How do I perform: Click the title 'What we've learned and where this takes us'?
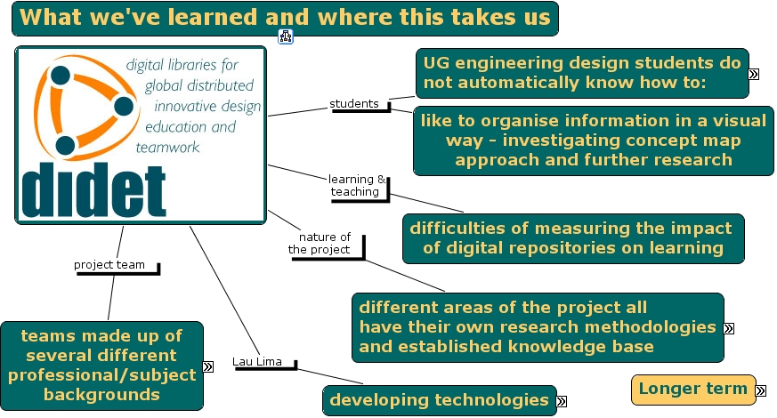(x=286, y=18)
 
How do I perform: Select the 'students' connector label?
(x=354, y=104)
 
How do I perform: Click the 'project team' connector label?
(x=109, y=264)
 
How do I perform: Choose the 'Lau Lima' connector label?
(x=257, y=361)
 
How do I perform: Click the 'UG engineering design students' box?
(x=582, y=73)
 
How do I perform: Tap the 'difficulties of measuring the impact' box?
(x=573, y=237)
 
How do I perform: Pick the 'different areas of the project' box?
(x=537, y=326)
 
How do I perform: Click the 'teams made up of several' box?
(x=101, y=365)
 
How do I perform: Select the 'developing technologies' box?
(x=439, y=400)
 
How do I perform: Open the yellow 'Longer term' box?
(x=692, y=389)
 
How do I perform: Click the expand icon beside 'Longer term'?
(x=761, y=390)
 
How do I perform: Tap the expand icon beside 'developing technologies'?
(x=562, y=402)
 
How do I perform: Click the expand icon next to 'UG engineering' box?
(x=754, y=75)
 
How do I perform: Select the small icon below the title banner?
(x=286, y=36)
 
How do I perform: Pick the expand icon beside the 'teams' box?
(x=208, y=366)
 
